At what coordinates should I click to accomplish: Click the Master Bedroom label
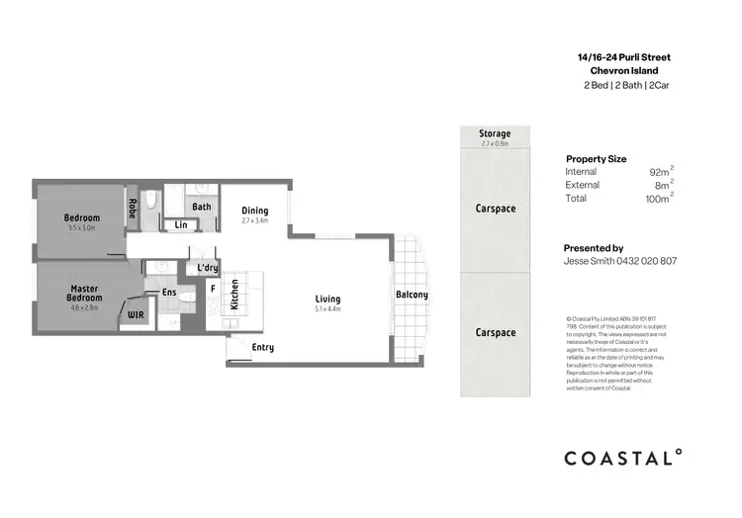coord(83,292)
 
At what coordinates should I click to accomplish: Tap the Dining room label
coord(255,211)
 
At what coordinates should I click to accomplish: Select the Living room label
coord(327,299)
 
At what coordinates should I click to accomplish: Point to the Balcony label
coord(412,295)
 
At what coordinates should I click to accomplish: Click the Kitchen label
coord(234,295)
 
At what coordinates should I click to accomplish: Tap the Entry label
coord(263,347)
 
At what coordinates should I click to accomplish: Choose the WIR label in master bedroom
coord(136,315)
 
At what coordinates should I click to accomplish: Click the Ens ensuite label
coord(168,292)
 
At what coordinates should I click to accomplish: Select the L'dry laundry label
coord(207,268)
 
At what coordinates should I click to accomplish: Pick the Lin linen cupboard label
coord(181,225)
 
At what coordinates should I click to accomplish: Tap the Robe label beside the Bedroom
coord(132,209)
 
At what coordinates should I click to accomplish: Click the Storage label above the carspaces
coord(495,133)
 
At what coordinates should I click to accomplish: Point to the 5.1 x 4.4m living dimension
coord(327,310)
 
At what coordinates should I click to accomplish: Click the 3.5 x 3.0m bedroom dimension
coord(82,227)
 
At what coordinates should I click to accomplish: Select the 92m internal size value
coord(658,172)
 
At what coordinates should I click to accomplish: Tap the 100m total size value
coord(657,199)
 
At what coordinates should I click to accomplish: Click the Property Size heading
coord(596,158)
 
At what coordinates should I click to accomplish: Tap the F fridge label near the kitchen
coord(211,288)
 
